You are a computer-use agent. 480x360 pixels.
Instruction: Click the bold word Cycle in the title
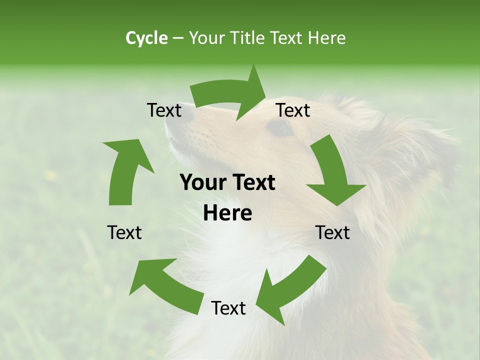point(146,38)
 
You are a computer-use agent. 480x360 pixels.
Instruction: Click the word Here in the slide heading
point(326,38)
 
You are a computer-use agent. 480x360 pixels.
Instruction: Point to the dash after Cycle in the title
point(178,38)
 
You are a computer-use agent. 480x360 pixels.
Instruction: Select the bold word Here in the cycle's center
point(227,213)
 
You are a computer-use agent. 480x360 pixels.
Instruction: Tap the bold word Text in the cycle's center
point(252,183)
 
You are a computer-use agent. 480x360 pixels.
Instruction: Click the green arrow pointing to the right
point(230,92)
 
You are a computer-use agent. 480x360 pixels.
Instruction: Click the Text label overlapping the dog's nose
point(164,110)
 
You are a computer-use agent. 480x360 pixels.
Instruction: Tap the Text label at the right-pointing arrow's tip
point(293,110)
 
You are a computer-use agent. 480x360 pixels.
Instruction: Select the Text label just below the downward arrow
point(332,232)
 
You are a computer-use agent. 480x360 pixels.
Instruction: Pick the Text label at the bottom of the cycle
point(228,308)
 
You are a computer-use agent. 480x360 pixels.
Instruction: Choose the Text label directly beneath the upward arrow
point(124,232)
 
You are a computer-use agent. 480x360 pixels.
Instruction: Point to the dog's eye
point(280,128)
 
